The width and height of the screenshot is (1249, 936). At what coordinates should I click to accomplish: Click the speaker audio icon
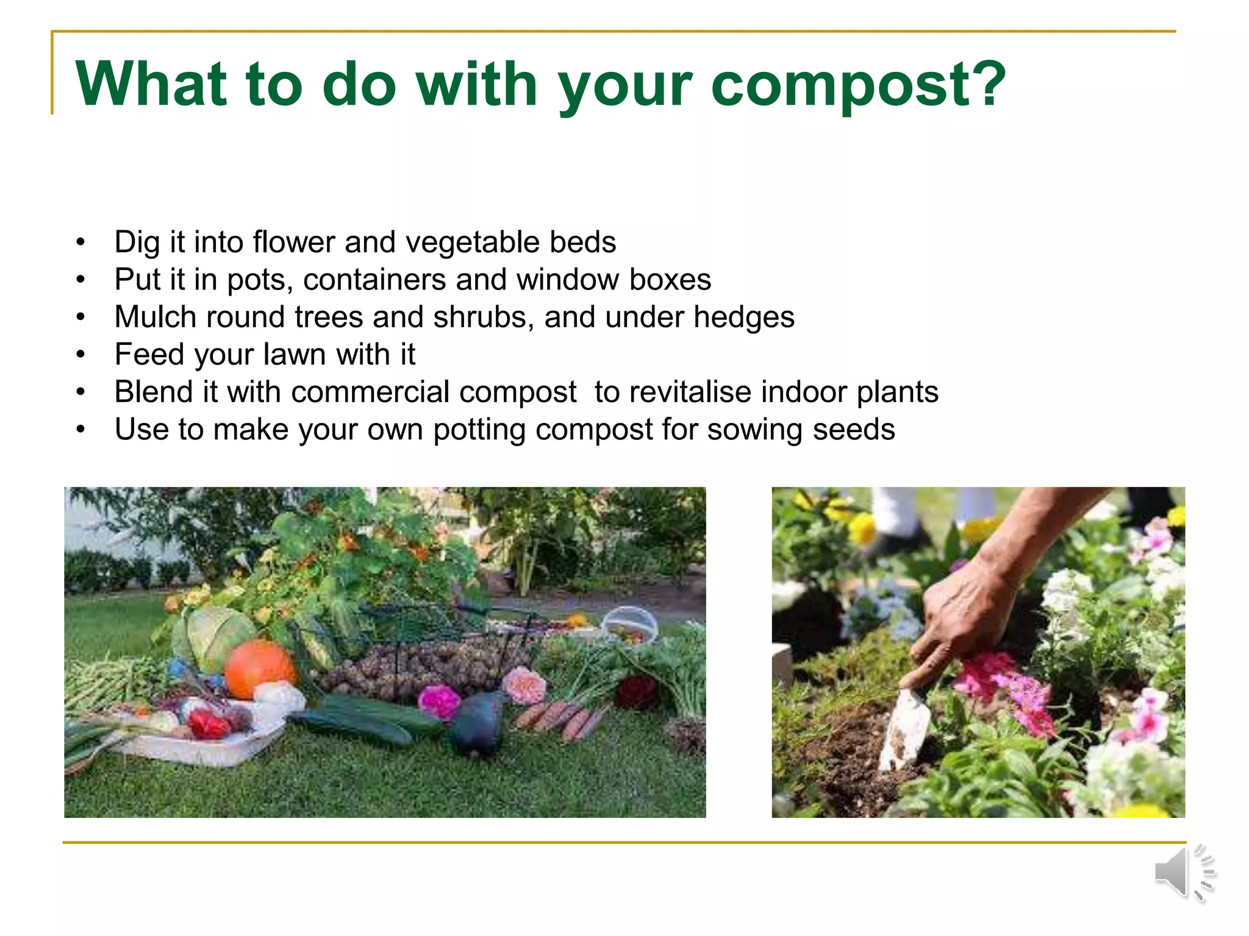click(1183, 873)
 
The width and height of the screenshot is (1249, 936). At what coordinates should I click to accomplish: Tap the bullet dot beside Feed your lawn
click(81, 355)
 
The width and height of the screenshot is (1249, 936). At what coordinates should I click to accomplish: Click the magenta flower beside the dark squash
click(438, 701)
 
